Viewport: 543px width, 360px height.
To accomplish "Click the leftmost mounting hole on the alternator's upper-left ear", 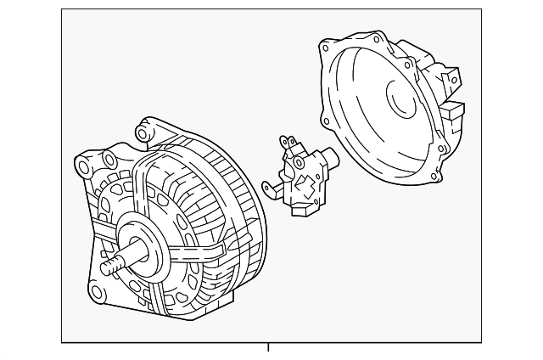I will [82, 164].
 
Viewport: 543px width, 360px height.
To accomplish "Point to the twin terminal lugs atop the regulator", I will [289, 143].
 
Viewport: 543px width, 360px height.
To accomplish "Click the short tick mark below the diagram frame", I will [268, 346].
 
